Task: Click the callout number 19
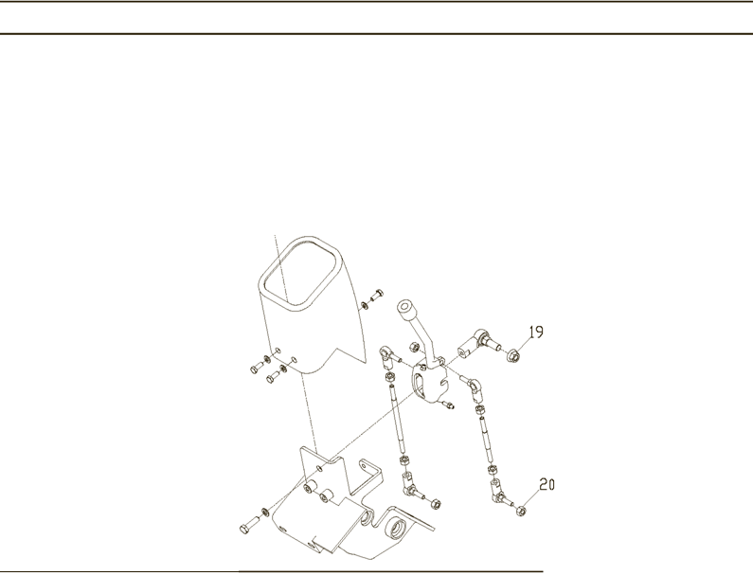click(x=536, y=332)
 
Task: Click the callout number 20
click(x=547, y=484)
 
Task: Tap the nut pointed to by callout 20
click(x=520, y=512)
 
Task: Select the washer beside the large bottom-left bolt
click(x=264, y=511)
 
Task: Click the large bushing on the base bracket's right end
click(x=397, y=529)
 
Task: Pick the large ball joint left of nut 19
click(x=475, y=342)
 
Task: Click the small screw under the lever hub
click(x=449, y=405)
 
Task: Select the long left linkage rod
click(x=397, y=419)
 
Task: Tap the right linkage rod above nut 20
click(x=486, y=441)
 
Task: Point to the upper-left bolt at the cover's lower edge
click(x=257, y=368)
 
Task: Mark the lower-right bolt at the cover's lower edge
click(x=273, y=377)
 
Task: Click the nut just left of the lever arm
click(x=413, y=347)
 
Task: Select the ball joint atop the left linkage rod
click(x=389, y=355)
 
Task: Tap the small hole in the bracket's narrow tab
click(x=364, y=465)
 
